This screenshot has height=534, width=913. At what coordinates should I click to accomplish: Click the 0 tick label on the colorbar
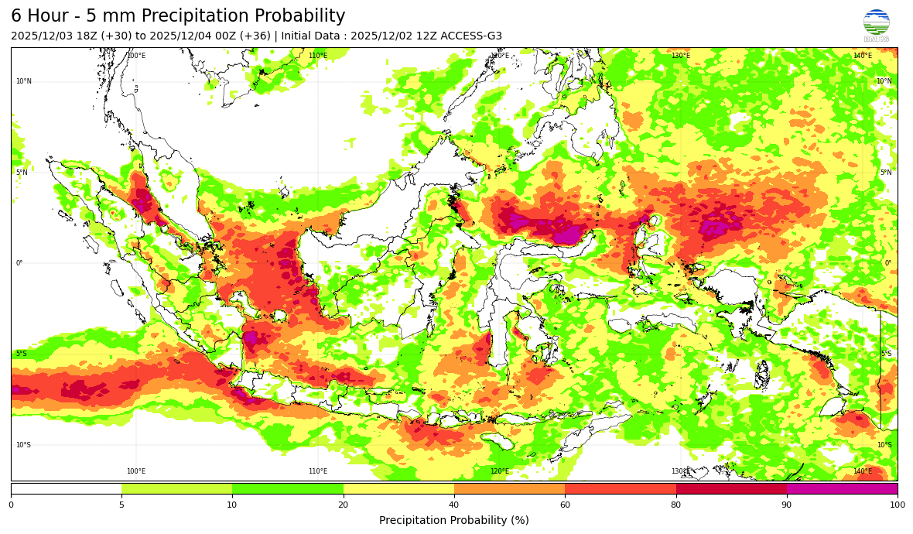pos(11,505)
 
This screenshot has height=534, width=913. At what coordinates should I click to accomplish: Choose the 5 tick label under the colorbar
pos(121,505)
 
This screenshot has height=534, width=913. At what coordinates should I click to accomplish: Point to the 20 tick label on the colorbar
pos(344,505)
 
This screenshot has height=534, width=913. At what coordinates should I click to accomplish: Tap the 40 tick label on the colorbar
pos(454,505)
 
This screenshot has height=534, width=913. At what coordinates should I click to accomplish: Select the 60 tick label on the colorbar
pos(565,505)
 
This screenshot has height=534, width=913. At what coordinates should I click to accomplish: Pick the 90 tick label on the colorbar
pos(787,505)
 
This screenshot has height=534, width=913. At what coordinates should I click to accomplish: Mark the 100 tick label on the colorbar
pos(897,505)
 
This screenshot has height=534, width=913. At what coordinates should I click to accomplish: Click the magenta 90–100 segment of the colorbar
pos(842,488)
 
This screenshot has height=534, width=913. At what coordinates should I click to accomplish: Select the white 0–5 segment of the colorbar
pos(66,488)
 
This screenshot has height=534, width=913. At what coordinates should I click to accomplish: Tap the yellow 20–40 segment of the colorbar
pos(398,488)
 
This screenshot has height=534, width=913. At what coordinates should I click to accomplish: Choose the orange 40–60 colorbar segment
pos(509,488)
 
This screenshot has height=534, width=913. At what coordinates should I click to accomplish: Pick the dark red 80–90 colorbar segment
pos(731,488)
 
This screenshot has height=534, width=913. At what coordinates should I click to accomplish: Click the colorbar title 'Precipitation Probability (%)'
pos(454,520)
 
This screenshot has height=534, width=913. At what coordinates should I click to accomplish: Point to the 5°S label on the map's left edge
pos(22,354)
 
